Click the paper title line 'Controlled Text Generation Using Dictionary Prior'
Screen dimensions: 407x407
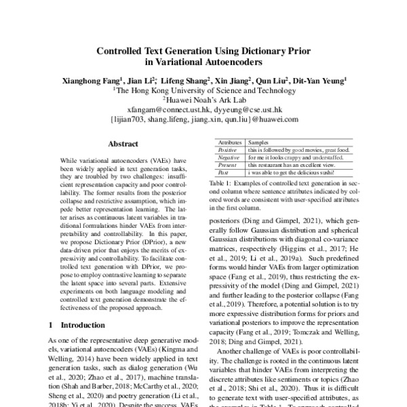point(203,51)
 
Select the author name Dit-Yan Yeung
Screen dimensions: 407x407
point(322,79)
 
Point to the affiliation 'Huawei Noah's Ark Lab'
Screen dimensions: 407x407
point(203,98)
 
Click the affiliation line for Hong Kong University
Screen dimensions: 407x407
point(203,89)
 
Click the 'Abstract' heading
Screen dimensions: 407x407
point(124,144)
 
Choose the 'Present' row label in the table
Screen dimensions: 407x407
point(228,165)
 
